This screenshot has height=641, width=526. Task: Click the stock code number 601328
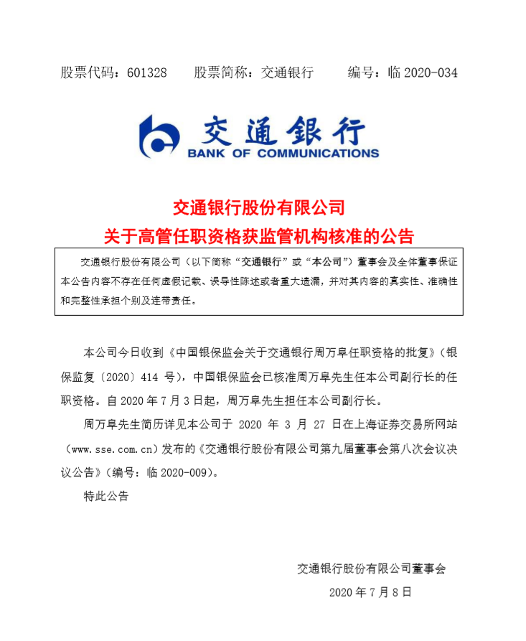point(146,73)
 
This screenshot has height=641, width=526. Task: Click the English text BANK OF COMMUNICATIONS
point(283,153)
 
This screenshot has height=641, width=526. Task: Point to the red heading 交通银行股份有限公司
point(259,208)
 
